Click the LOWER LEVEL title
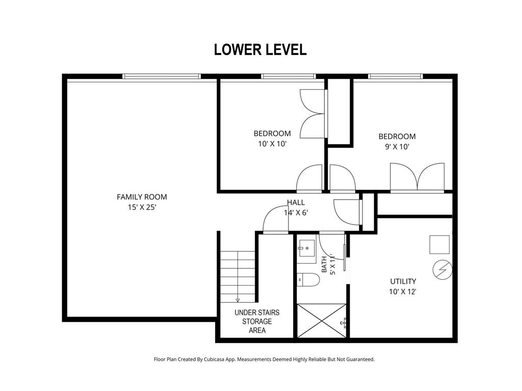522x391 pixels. click(x=260, y=49)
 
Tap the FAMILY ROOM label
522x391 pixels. click(x=142, y=197)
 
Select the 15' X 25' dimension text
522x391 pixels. click(x=142, y=207)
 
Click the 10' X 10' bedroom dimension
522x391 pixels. click(x=272, y=144)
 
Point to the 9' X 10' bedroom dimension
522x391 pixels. click(x=397, y=147)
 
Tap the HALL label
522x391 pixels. click(x=296, y=202)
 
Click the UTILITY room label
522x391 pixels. click(x=403, y=281)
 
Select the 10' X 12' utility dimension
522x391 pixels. click(x=403, y=292)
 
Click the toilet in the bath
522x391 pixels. click(x=308, y=280)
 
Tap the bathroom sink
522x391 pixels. click(x=306, y=248)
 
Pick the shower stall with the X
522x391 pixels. click(x=322, y=321)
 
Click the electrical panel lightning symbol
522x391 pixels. click(x=442, y=270)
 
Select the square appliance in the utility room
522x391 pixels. click(x=439, y=245)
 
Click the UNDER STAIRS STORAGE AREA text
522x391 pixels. click(x=257, y=322)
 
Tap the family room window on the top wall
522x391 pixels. click(x=162, y=76)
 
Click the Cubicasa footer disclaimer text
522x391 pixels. click(x=265, y=359)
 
